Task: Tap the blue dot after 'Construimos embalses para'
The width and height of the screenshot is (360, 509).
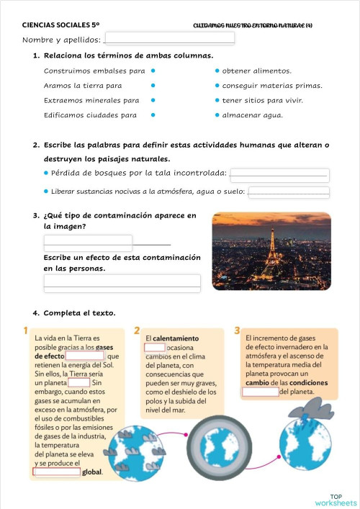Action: click(153, 71)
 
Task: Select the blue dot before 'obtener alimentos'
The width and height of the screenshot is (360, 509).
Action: click(217, 71)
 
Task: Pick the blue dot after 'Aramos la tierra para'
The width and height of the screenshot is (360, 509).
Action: click(153, 86)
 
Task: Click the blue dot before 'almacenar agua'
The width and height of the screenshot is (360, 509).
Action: click(217, 114)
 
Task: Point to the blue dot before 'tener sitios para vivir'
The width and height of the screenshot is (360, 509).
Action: click(217, 100)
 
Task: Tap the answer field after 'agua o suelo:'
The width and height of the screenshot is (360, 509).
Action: click(288, 192)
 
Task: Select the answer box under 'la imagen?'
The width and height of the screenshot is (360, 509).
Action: click(88, 242)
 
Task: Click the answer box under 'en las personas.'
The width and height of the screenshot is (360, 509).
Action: click(122, 281)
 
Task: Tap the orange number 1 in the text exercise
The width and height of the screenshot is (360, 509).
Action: click(26, 330)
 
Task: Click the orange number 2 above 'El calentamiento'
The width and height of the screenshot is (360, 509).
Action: click(137, 330)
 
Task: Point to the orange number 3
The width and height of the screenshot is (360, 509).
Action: click(238, 330)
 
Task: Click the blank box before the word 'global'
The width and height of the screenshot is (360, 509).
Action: click(57, 472)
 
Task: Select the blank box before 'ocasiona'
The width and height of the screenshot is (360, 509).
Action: click(155, 348)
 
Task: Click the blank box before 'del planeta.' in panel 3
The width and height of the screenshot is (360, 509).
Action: click(260, 392)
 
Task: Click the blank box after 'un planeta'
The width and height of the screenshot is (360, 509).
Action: click(78, 383)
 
